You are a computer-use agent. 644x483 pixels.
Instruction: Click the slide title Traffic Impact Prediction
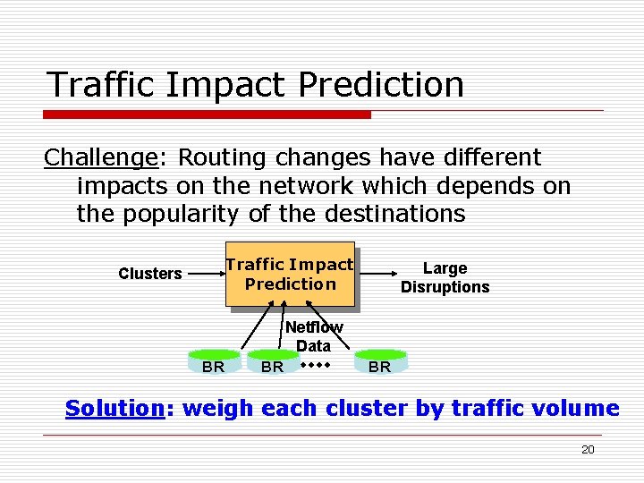coord(256,85)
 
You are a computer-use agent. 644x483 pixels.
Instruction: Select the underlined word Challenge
coord(101,157)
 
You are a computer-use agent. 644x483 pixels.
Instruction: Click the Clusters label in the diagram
coord(150,274)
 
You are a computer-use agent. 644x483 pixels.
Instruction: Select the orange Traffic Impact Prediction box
coord(290,275)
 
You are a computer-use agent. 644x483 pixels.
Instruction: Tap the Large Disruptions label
coord(445,277)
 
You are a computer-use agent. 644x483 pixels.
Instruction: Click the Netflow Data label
coord(313,337)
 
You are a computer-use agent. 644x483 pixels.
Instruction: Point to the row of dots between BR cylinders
coord(316,365)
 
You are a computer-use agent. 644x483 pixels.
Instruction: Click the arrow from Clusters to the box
coord(203,273)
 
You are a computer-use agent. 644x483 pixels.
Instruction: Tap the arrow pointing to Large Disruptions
coord(376,273)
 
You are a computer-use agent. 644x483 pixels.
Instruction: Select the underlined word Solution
coord(113,409)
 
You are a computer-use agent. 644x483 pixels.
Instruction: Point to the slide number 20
coord(588,450)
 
